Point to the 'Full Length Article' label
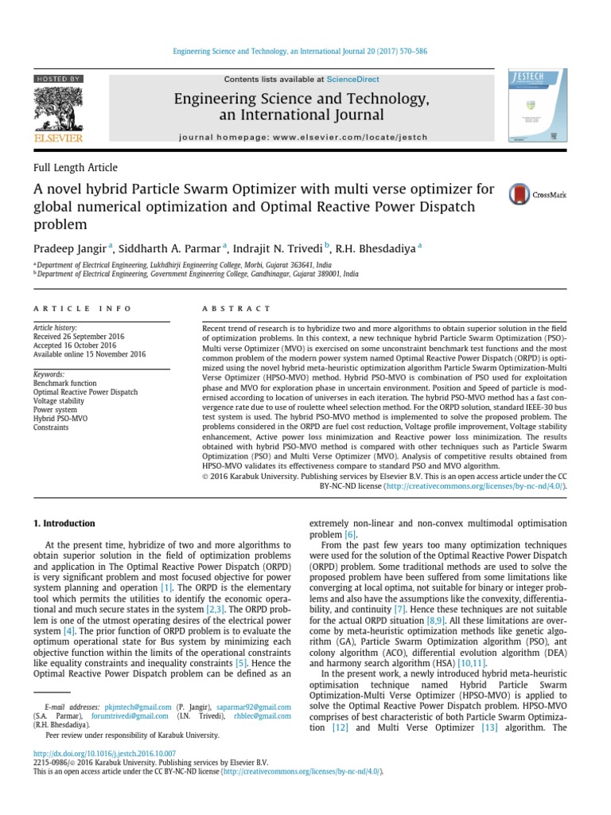[x=75, y=168]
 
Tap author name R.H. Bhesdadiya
[x=376, y=248]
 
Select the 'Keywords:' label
[x=49, y=374]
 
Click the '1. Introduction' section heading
[x=63, y=524]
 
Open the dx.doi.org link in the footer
[x=104, y=753]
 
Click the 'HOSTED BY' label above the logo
[x=57, y=80]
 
